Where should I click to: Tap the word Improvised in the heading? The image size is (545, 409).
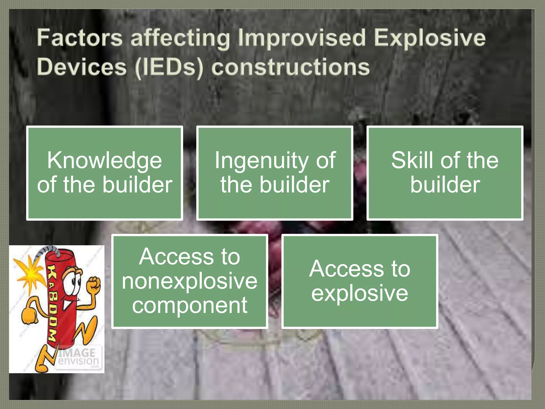pyautogui.click(x=302, y=38)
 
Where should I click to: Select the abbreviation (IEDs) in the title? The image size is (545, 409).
pyautogui.click(x=169, y=67)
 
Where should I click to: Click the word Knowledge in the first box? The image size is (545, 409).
pyautogui.click(x=105, y=161)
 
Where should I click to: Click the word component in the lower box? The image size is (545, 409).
pyautogui.click(x=189, y=305)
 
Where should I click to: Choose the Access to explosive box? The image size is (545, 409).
pyautogui.click(x=360, y=281)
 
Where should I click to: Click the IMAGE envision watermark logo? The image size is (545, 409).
pyautogui.click(x=78, y=357)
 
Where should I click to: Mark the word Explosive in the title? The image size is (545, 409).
pyautogui.click(x=430, y=38)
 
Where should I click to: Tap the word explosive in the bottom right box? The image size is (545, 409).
pyautogui.click(x=360, y=293)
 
